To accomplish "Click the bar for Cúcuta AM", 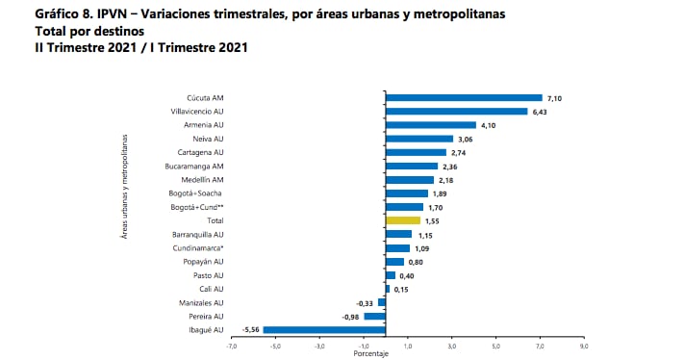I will point(464,97).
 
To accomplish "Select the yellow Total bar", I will point(402,220).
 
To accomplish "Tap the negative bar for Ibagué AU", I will point(324,330).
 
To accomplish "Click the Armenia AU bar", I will point(431,125).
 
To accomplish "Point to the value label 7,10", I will point(554,98).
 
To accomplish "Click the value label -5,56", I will point(252,330).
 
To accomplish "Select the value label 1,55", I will point(432,220).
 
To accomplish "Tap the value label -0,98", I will point(352,317).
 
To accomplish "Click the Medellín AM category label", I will point(204,180).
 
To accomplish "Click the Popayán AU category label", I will point(204,262).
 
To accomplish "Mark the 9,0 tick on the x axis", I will point(583,345).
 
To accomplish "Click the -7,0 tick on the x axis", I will point(231,345).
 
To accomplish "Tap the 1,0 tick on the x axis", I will point(407,345).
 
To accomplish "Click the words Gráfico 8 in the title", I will point(40,16).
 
